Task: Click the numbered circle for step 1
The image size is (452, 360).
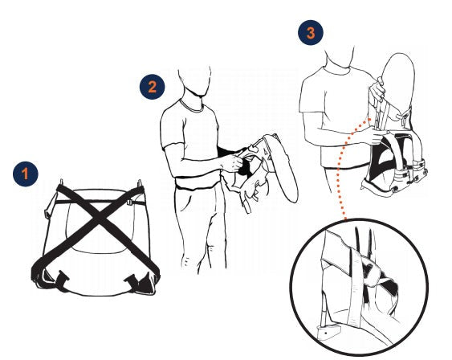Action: coord(26,174)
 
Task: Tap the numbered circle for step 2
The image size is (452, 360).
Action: coord(153,87)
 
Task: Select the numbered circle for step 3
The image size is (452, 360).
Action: coord(311,33)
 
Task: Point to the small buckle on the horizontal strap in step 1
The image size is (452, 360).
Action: coord(129,202)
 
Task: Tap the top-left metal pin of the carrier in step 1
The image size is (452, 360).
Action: coord(61,182)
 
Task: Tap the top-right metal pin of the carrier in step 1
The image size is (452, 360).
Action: coord(140,183)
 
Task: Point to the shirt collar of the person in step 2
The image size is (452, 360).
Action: coord(192,107)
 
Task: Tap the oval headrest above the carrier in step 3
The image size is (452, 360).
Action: coord(399,84)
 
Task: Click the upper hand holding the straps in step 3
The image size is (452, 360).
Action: coord(377,89)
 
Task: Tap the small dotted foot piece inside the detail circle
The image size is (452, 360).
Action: coord(328,333)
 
